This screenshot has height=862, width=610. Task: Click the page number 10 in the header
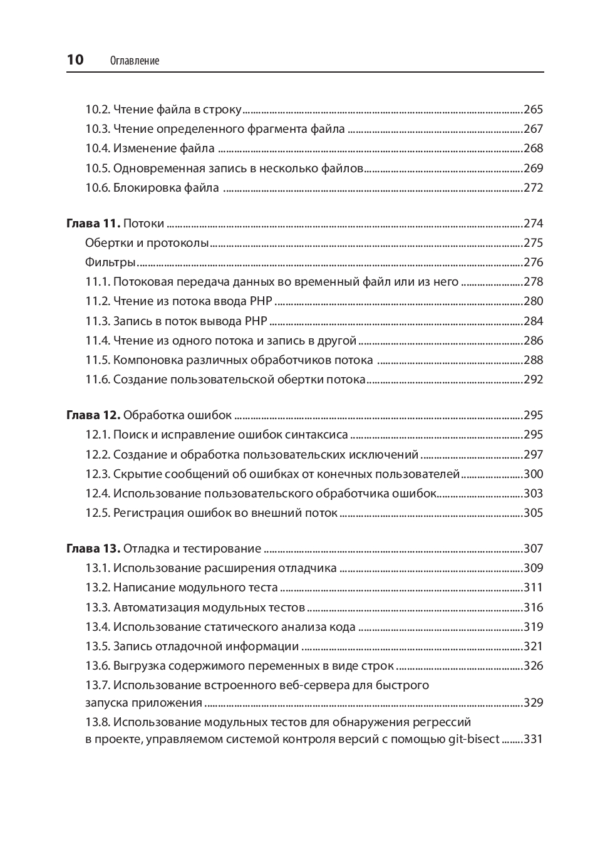75,60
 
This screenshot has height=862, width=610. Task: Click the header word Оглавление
134,61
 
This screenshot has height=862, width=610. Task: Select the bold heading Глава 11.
93,224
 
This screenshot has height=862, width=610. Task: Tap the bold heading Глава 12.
93,415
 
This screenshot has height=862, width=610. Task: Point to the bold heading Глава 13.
93,549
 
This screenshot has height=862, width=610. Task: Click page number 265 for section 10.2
533,110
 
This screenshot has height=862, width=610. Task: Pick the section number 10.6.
98,188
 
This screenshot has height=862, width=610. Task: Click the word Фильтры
111,262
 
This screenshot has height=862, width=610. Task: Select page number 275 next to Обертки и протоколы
533,243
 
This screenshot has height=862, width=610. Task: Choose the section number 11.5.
98,360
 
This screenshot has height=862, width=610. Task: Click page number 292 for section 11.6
533,380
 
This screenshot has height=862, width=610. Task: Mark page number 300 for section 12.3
533,474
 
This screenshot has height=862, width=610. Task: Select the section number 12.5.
98,513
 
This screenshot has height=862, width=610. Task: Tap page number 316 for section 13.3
533,608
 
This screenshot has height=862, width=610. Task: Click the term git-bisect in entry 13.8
473,739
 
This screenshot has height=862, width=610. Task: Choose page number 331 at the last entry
533,739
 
